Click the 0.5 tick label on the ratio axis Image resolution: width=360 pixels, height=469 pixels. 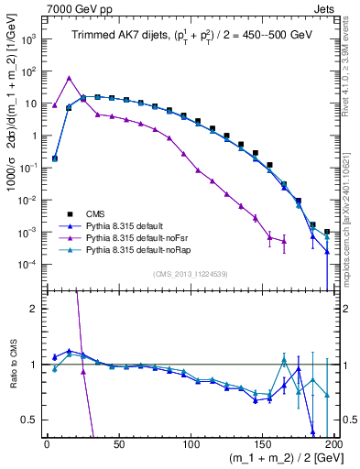coord(31,420)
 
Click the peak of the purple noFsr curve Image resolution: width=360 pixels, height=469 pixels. coord(70,78)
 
